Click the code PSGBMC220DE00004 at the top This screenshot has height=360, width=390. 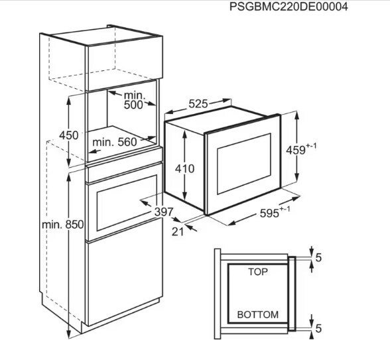click(289, 7)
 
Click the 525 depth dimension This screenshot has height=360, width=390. click(198, 103)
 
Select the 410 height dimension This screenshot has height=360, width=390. click(184, 169)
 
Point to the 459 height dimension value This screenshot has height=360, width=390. click(296, 150)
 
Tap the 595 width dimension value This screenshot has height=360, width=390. click(269, 213)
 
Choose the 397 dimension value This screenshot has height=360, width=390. click(163, 212)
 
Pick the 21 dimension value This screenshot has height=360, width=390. click(178, 232)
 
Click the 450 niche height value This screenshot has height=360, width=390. click(69, 135)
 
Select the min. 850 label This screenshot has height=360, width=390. click(62, 225)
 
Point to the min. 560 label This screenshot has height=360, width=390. click(115, 142)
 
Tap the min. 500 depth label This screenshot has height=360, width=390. click(134, 100)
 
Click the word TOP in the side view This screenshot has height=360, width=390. click(258, 272)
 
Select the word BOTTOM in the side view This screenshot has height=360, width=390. click(257, 315)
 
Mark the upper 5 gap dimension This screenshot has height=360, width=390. click(318, 258)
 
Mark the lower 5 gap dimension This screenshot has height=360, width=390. click(318, 329)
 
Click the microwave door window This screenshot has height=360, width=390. click(244, 164)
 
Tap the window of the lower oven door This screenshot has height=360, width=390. click(127, 203)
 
